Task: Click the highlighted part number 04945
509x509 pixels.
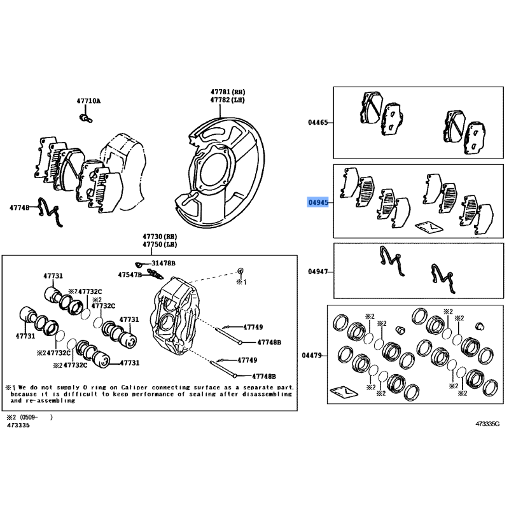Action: pos(317,203)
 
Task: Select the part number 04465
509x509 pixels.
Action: pos(317,122)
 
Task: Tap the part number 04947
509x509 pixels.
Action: pos(317,272)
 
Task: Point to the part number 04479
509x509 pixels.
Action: pos(313,355)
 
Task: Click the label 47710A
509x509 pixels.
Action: pos(88,101)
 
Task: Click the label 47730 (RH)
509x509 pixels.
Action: pos(160,236)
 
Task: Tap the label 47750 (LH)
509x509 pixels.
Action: pos(160,244)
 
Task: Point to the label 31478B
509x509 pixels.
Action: pos(164,263)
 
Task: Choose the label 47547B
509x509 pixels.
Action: pos(130,275)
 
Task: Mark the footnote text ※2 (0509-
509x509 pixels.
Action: pos(28,417)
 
